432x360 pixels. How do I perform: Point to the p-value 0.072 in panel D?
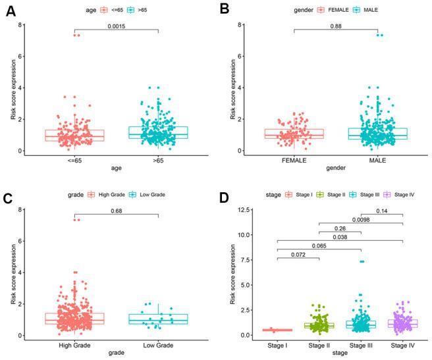[299, 253]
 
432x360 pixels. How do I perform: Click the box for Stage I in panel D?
[278, 330]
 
